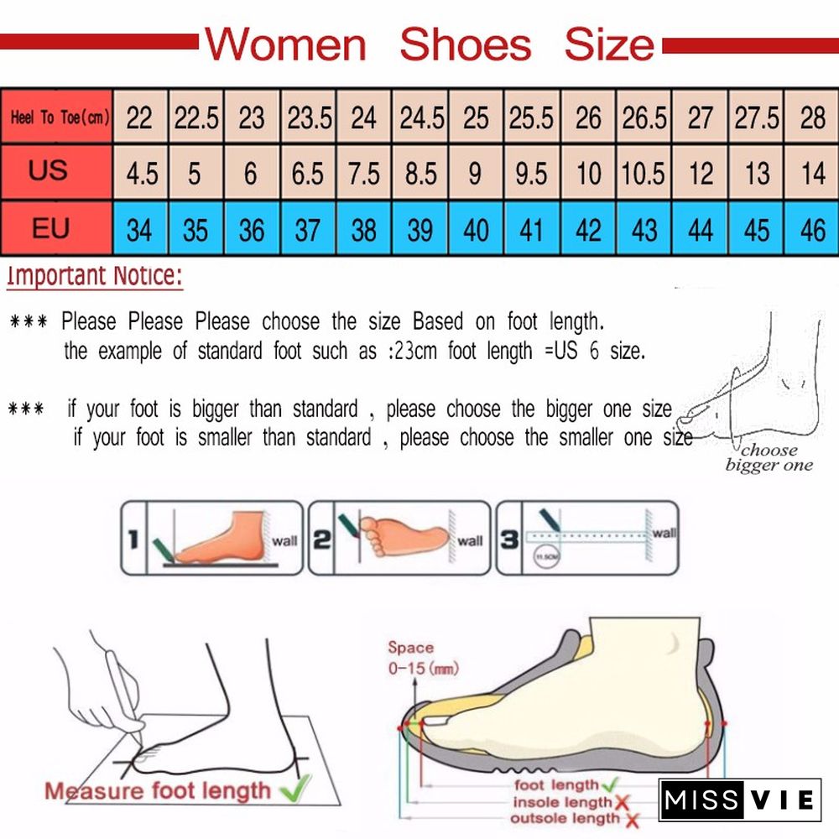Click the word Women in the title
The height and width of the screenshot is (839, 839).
[x=286, y=44]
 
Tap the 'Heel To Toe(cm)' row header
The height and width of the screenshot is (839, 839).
[x=58, y=117]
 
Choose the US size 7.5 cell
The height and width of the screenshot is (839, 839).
[x=364, y=174]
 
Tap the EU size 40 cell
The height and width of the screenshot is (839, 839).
[x=476, y=229]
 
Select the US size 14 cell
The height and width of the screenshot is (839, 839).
[x=812, y=174]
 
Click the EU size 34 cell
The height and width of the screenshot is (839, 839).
[x=139, y=229]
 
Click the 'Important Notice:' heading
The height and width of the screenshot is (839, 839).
[x=94, y=276]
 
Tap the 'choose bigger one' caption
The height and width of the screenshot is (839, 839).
[x=768, y=457]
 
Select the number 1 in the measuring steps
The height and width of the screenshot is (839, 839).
[x=132, y=539]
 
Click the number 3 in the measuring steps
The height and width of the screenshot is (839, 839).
[x=509, y=539]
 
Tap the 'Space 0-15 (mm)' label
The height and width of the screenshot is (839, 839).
[x=416, y=658]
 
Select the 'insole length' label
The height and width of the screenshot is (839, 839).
[x=563, y=802]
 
